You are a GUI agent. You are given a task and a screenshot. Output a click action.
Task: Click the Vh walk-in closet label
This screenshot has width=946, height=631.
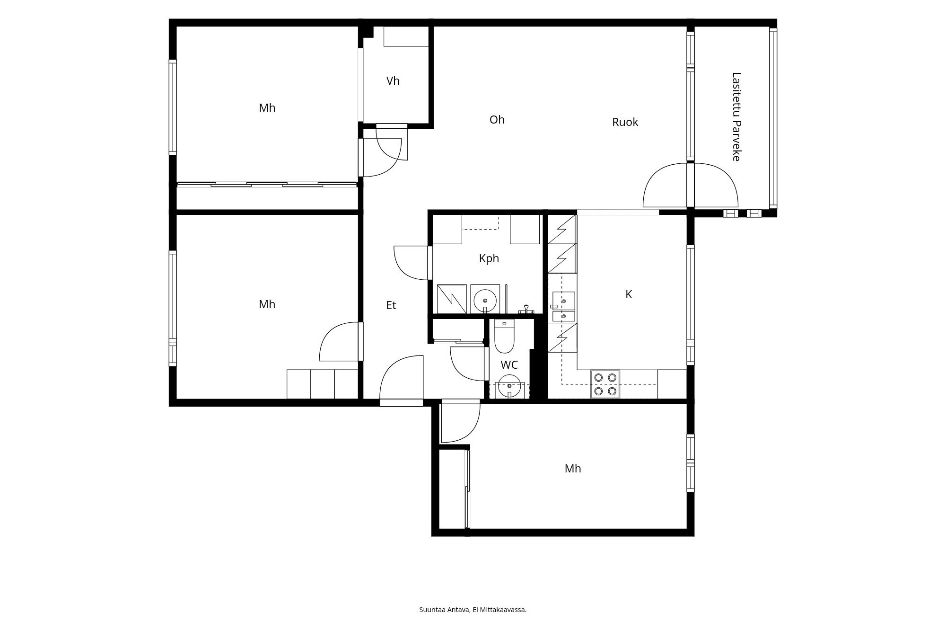393,81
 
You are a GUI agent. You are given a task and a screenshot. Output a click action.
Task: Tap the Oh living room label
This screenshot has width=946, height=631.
497,120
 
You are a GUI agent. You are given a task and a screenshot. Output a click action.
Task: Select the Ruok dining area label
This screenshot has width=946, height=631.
625,122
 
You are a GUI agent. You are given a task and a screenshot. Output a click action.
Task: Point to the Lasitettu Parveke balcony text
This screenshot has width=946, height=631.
736,116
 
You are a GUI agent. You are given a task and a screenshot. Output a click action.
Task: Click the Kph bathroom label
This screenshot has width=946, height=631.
489,258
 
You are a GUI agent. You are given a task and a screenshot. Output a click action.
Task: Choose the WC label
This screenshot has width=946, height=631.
509,365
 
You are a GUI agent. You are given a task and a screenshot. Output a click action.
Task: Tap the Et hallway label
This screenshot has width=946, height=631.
391,305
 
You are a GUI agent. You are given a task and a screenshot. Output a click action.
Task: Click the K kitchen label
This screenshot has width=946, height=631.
629,294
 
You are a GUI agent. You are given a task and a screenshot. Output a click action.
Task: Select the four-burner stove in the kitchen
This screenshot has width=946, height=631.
605,384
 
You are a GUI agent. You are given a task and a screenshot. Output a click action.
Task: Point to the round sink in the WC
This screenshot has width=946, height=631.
509,386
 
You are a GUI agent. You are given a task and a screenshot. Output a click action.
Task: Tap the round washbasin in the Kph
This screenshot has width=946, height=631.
485,300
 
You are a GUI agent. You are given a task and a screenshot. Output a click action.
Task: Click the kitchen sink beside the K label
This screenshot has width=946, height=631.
564,306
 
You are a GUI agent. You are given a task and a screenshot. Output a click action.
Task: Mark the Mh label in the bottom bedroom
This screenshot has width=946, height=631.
573,469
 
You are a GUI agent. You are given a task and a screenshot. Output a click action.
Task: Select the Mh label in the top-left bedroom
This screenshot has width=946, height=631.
267,108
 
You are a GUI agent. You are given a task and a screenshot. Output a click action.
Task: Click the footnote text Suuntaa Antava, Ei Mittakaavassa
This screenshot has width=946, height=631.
473,610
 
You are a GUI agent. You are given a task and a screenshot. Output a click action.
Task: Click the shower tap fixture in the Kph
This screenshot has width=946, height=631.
526,311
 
